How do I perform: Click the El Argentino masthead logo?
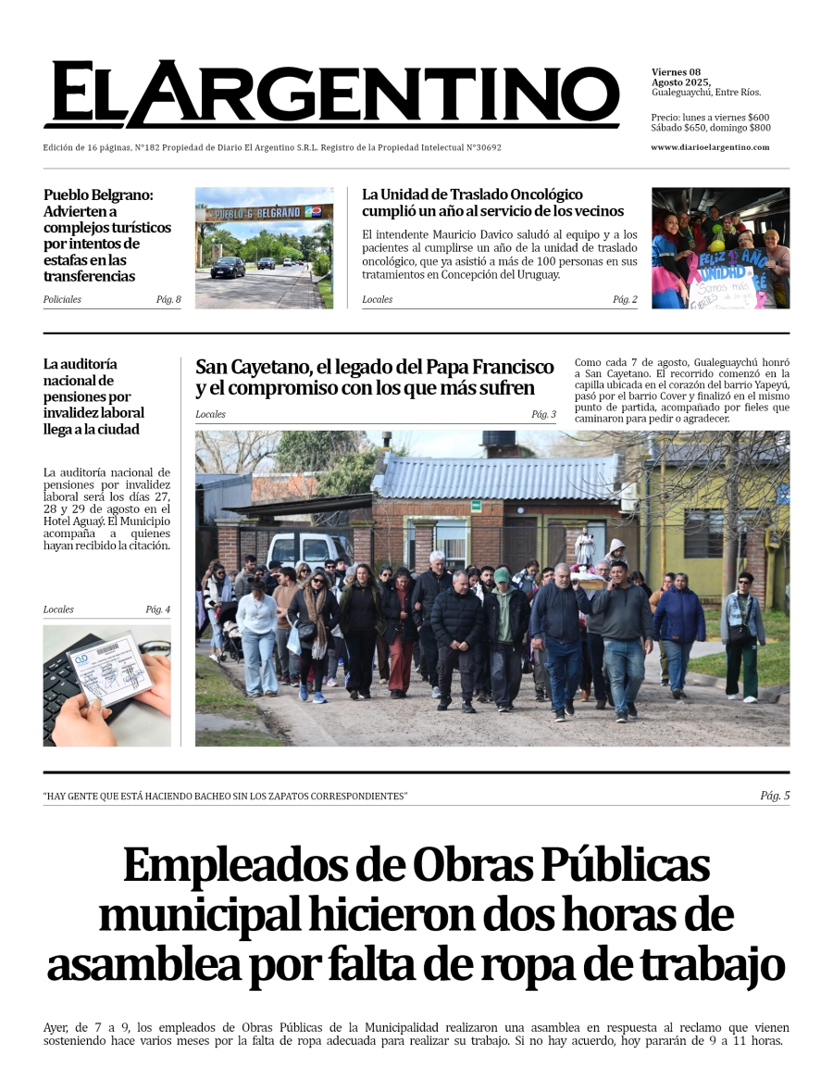(330, 95)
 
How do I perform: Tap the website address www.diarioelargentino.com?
(710, 147)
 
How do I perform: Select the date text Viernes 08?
(676, 72)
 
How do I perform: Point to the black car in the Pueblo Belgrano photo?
(228, 268)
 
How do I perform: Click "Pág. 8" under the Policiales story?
(168, 299)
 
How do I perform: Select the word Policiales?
(62, 299)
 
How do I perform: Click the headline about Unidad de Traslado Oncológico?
(492, 203)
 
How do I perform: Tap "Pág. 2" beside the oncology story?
(625, 299)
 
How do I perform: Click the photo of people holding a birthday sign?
(720, 248)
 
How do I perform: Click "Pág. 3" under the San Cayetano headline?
(543, 414)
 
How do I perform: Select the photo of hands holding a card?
(106, 685)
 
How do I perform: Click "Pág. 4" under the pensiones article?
(157, 609)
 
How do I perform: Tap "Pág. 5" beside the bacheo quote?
(775, 796)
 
